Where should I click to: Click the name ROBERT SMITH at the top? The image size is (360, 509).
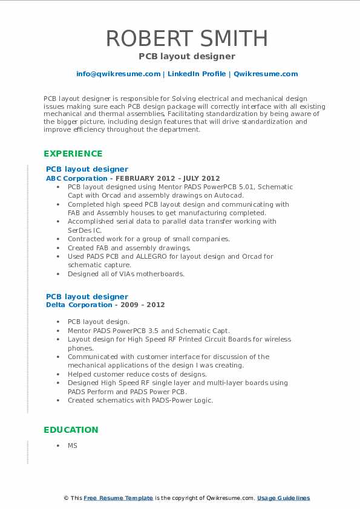pyautogui.click(x=186, y=39)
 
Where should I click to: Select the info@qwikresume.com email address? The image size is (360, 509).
pyautogui.click(x=118, y=74)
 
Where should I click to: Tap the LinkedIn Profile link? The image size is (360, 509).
pyautogui.click(x=195, y=74)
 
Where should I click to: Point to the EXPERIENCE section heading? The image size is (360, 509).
pyautogui.click(x=73, y=154)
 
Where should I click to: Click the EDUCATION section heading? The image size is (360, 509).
pyautogui.click(x=70, y=430)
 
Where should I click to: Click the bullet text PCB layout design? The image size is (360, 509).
pyautogui.click(x=98, y=322)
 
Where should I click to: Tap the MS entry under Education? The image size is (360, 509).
pyautogui.click(x=73, y=446)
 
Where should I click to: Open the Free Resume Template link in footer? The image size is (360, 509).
pyautogui.click(x=118, y=498)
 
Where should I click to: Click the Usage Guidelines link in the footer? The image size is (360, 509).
pyautogui.click(x=283, y=498)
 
